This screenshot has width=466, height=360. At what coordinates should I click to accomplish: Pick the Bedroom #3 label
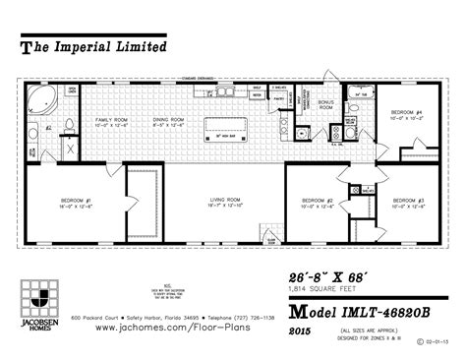click(406, 203)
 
